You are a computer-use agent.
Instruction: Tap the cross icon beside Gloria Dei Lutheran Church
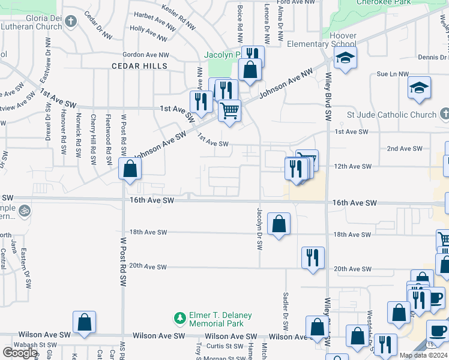pyautogui.click(x=71, y=23)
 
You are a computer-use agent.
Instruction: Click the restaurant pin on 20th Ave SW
pyautogui.click(x=313, y=258)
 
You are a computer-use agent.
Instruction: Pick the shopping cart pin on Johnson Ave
pyautogui.click(x=229, y=110)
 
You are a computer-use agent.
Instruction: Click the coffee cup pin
pyautogui.click(x=438, y=331)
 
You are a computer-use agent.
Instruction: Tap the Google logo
pyautogui.click(x=20, y=353)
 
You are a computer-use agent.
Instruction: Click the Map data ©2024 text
pyautogui.click(x=423, y=355)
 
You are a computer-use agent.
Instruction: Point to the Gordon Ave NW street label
pyautogui.click(x=146, y=55)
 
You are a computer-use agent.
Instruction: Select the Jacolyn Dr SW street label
pyautogui.click(x=260, y=229)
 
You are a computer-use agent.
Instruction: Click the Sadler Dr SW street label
pyautogui.click(x=286, y=310)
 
